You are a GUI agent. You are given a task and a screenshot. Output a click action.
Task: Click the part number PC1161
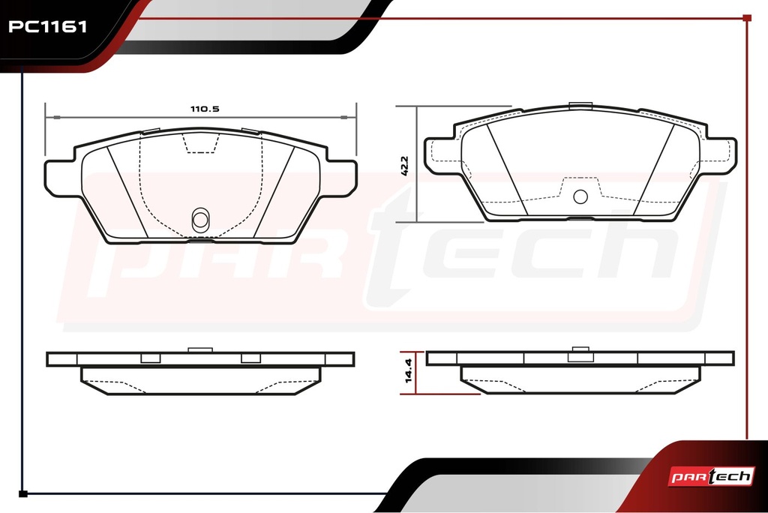(47, 26)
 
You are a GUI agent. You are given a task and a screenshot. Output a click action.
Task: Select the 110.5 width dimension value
(205, 109)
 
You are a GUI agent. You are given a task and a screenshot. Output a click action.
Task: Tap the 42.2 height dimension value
(404, 166)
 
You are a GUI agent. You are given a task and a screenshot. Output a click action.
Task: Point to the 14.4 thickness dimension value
(409, 370)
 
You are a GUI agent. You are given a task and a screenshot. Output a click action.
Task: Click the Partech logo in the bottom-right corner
(711, 475)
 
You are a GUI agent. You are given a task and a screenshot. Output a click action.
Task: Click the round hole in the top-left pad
(200, 220)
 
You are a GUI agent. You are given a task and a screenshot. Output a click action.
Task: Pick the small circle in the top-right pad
(580, 196)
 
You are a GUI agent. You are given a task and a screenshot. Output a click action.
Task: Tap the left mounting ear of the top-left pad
(61, 177)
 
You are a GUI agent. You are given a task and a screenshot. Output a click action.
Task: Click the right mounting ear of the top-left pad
(340, 177)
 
